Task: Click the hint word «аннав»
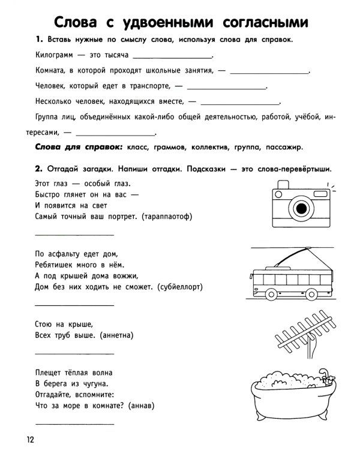pos(142,405)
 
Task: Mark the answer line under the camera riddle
pos(74,235)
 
